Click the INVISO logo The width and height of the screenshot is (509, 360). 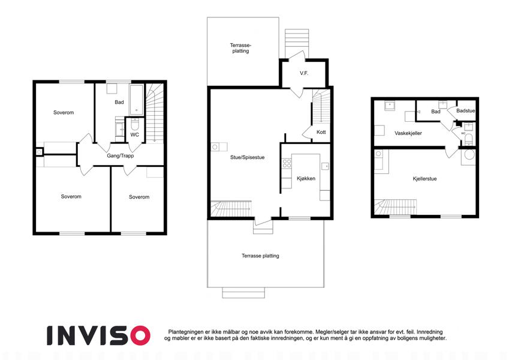click(99, 335)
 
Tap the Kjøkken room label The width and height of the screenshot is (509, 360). click(306, 178)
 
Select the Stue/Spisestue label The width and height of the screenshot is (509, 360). click(248, 158)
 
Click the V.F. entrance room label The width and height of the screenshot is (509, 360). click(304, 73)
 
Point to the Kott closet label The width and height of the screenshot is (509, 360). click(321, 132)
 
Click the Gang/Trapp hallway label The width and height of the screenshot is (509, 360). click(121, 156)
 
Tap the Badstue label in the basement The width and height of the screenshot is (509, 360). click(465, 111)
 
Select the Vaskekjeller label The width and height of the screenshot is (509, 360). click(408, 133)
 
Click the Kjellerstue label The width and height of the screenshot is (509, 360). click(424, 179)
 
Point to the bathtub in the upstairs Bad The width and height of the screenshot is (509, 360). click(136, 100)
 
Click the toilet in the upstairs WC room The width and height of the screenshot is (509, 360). click(135, 124)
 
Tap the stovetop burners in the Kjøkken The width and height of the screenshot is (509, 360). click(287, 163)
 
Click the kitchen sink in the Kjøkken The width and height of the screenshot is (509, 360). click(325, 166)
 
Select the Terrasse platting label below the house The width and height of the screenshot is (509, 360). click(260, 256)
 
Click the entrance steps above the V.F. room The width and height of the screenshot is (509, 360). click(297, 41)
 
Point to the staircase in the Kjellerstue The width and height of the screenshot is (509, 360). click(395, 206)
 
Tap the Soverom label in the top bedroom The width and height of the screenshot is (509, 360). click(64, 113)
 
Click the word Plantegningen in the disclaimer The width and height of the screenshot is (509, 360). click(186, 332)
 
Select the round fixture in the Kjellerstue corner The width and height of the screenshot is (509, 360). click(469, 154)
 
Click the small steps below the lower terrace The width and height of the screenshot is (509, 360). click(243, 293)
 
